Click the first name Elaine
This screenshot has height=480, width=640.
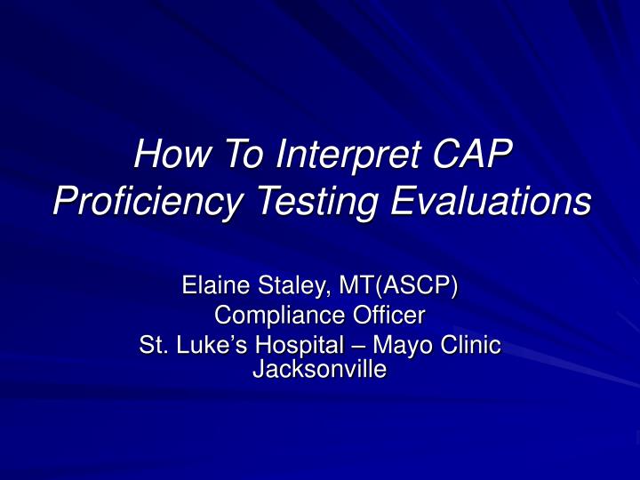(x=213, y=286)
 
